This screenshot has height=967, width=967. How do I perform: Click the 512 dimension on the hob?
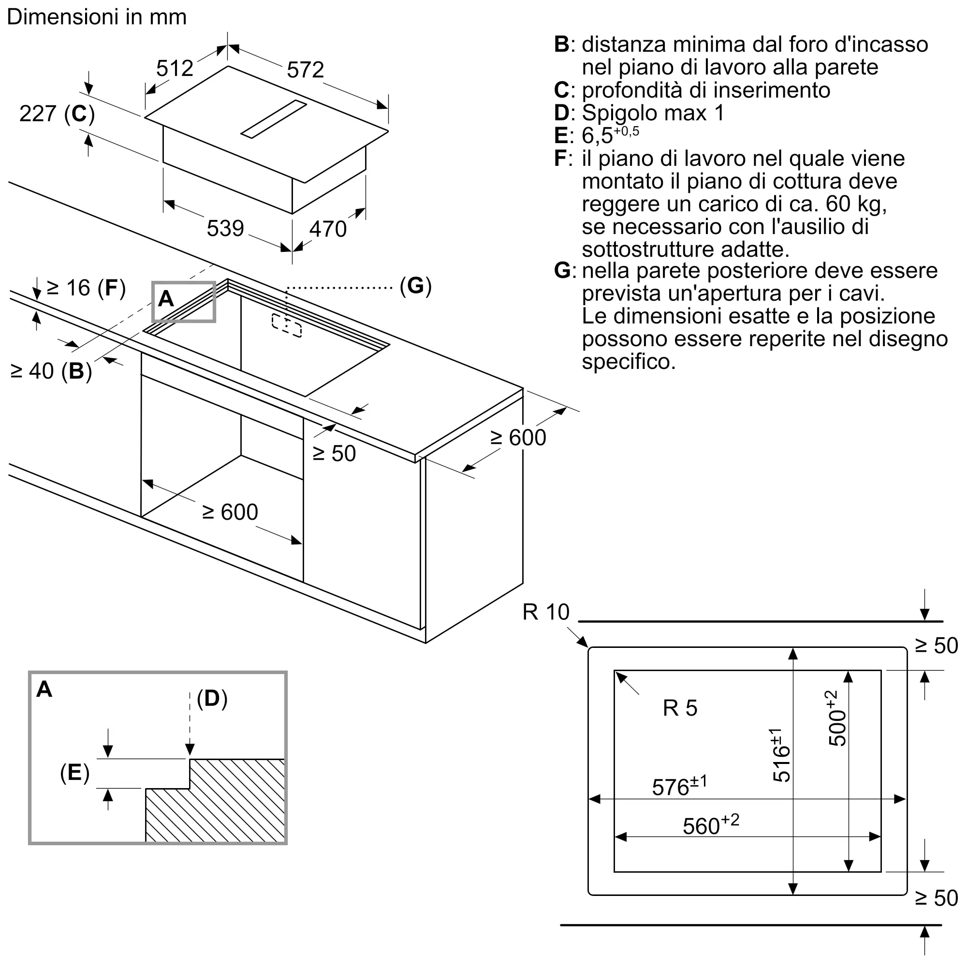(x=175, y=68)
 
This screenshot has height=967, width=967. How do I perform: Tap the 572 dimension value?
(x=305, y=70)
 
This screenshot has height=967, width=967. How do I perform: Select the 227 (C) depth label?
(x=57, y=114)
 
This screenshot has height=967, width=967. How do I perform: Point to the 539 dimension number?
(x=225, y=228)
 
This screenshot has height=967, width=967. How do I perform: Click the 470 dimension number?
(x=328, y=229)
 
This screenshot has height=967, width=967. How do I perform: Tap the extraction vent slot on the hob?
(x=274, y=118)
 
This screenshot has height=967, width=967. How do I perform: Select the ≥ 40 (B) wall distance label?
(x=51, y=371)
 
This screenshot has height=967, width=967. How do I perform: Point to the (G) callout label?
(x=415, y=285)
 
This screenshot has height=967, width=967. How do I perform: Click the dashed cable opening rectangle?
(x=287, y=326)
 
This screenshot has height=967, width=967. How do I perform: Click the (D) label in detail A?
(x=212, y=698)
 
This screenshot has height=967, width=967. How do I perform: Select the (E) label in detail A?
(x=75, y=772)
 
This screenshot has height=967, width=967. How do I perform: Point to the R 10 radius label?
(x=545, y=612)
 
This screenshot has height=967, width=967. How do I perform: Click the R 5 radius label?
(x=680, y=708)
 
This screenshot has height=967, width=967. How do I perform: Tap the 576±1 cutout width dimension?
(x=679, y=786)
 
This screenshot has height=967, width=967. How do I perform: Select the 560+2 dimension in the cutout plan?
(x=711, y=825)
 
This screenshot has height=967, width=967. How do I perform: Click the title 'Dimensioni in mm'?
(x=97, y=17)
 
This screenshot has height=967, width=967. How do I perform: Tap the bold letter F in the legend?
(x=560, y=159)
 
